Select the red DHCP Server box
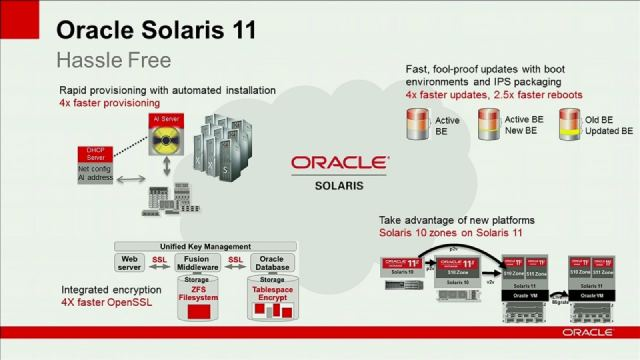(x=96, y=154)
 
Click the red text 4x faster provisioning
(x=109, y=103)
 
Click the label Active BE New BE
(x=524, y=125)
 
